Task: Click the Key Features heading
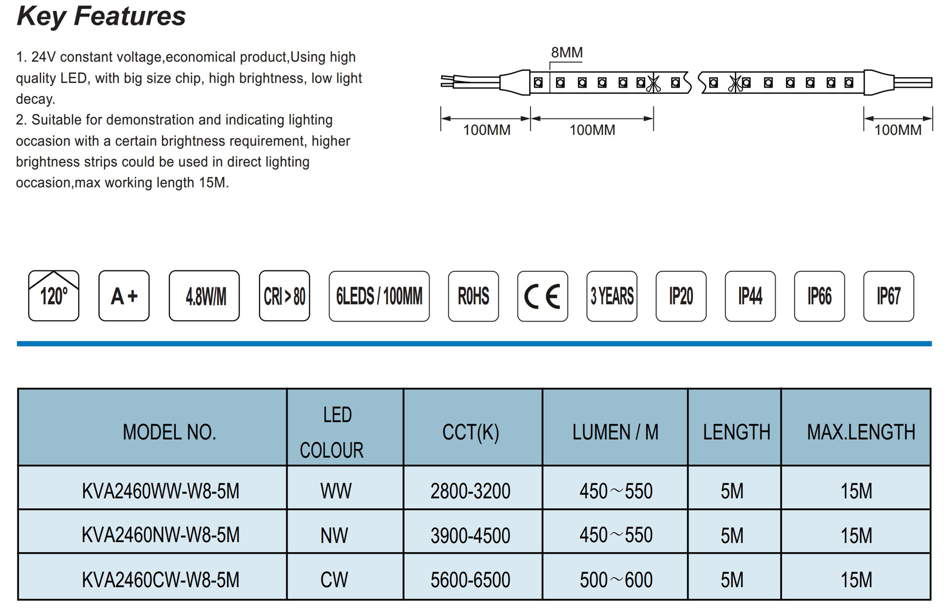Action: [x=101, y=16]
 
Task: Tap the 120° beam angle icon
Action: [x=54, y=296]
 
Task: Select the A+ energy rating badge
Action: [x=124, y=296]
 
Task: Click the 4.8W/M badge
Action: [x=204, y=296]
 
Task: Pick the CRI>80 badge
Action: [x=284, y=296]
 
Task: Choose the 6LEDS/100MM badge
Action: [x=379, y=296]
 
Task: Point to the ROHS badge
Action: [x=473, y=296]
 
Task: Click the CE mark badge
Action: [x=543, y=296]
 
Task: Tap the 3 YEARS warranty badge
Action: [x=612, y=296]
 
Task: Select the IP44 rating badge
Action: [x=750, y=296]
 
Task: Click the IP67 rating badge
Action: [x=889, y=296]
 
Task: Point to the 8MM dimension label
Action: [x=567, y=52]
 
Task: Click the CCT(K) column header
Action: [x=471, y=432]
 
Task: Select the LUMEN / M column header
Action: [x=615, y=432]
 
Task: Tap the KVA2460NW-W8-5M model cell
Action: [x=161, y=535]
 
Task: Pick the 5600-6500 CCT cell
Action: [x=470, y=580]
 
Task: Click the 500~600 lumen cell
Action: [x=616, y=580]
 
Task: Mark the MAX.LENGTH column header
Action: [x=861, y=432]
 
